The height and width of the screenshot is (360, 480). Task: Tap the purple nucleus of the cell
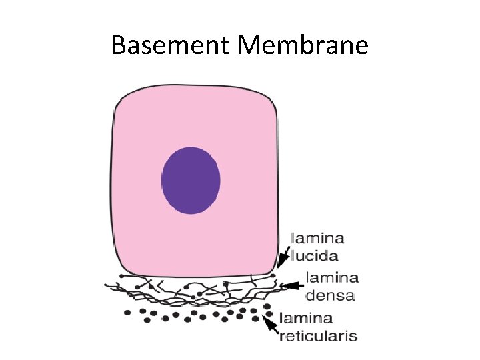point(191,180)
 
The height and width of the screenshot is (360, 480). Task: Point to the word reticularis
point(318,335)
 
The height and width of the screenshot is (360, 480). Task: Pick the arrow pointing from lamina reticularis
point(269,324)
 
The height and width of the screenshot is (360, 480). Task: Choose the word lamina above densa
point(332,277)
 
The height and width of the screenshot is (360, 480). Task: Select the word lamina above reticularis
point(306,318)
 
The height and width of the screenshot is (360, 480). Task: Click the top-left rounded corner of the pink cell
point(121,98)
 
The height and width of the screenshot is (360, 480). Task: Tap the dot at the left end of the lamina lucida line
point(121,275)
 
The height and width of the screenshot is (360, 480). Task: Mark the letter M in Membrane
point(250,45)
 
